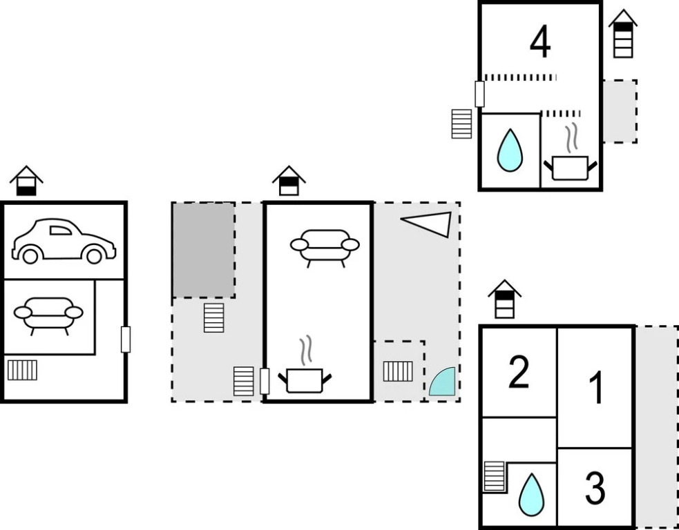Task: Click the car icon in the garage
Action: pos(63,242)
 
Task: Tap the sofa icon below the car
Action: pos(48,315)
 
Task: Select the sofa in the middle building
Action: pos(325,246)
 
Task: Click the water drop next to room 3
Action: pos(531,494)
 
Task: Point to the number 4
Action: pos(540,42)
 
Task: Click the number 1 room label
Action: pos(595,387)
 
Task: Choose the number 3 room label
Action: pos(595,489)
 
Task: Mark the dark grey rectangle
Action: pos(203,250)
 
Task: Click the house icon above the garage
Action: pos(26,181)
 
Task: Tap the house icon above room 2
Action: pos(505,299)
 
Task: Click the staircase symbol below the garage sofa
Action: pos(22,370)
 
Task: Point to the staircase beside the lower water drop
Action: pos(494,476)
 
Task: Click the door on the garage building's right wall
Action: pos(125,340)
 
